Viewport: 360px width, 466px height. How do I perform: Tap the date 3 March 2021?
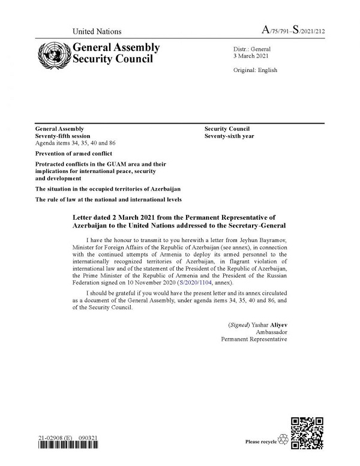(251, 55)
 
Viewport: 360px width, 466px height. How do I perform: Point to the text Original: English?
(255, 70)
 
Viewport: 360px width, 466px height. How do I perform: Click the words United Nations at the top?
(97, 31)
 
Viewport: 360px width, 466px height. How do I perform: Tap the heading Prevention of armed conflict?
(74, 154)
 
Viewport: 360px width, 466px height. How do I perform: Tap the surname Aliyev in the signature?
(275, 324)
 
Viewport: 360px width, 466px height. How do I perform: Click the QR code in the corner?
(307, 432)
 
